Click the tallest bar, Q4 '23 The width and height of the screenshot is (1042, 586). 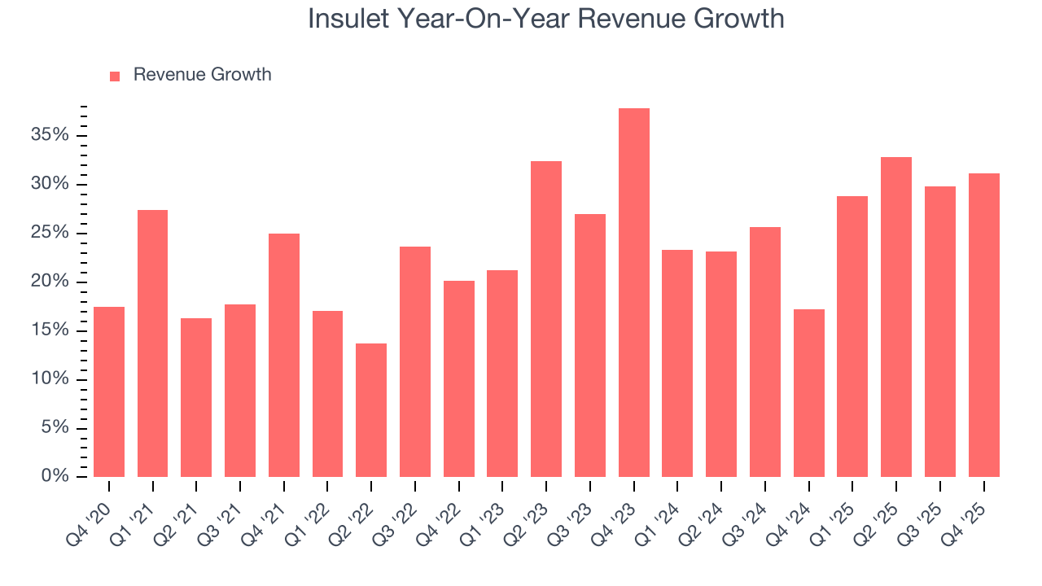click(x=633, y=293)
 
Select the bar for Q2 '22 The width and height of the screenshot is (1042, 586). click(x=371, y=410)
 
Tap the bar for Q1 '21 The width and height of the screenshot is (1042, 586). click(x=152, y=343)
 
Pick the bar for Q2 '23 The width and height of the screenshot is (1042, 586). click(x=546, y=319)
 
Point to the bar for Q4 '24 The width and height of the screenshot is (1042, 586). click(x=808, y=393)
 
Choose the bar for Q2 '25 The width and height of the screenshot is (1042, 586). click(x=896, y=317)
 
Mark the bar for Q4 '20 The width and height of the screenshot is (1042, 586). click(x=109, y=391)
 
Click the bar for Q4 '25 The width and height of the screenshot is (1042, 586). click(x=983, y=326)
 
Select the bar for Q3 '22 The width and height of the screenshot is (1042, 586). click(x=415, y=361)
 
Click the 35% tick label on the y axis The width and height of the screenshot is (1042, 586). click(x=50, y=135)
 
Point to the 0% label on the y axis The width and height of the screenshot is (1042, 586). click(x=55, y=477)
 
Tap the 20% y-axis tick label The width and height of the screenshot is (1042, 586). click(x=50, y=282)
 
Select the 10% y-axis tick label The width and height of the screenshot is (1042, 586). click(x=50, y=379)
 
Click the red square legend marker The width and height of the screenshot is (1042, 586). click(x=115, y=76)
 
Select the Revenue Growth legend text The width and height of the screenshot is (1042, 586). click(x=202, y=75)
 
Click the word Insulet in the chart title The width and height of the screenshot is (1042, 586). click(x=348, y=19)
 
